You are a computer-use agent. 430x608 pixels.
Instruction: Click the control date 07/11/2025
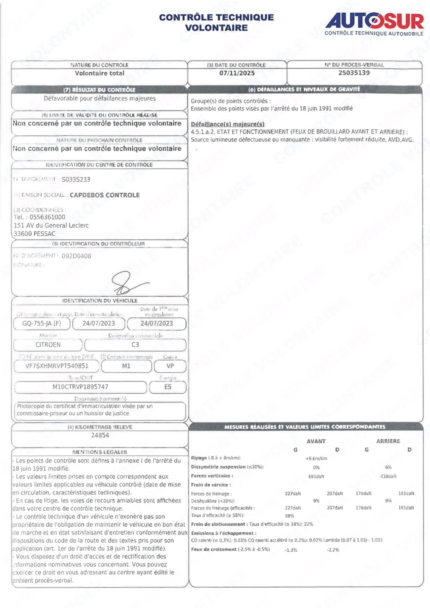pyautogui.click(x=237, y=73)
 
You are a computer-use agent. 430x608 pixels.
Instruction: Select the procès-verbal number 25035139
pyautogui.click(x=354, y=73)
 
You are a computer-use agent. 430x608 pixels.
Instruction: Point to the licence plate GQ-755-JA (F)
pyautogui.click(x=42, y=323)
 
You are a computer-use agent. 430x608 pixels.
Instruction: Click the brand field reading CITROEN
pyautogui.click(x=48, y=345)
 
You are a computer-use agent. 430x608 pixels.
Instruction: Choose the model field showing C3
pyautogui.click(x=135, y=345)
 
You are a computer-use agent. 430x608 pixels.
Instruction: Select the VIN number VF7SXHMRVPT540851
pyautogui.click(x=57, y=366)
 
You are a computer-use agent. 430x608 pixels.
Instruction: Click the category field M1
pyautogui.click(x=126, y=366)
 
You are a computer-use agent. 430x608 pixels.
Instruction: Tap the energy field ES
pyautogui.click(x=168, y=387)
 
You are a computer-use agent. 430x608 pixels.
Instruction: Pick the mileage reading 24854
pyautogui.click(x=100, y=435)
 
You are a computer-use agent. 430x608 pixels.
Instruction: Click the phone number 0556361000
pyautogui.click(x=47, y=217)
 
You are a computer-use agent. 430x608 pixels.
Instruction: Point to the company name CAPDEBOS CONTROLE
pyautogui.click(x=105, y=195)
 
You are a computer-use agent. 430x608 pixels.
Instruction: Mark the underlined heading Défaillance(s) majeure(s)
pyautogui.click(x=228, y=124)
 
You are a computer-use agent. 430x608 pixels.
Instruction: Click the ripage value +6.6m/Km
pyautogui.click(x=316, y=459)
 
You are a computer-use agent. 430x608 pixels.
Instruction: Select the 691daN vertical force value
pyautogui.click(x=316, y=477)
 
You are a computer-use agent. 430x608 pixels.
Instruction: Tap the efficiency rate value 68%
pyautogui.click(x=289, y=516)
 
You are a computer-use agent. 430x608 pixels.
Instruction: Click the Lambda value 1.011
pyautogui.click(x=377, y=540)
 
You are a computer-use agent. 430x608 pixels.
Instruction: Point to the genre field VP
pyautogui.click(x=170, y=366)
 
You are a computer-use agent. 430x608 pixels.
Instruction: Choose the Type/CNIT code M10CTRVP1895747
pyautogui.click(x=80, y=387)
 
